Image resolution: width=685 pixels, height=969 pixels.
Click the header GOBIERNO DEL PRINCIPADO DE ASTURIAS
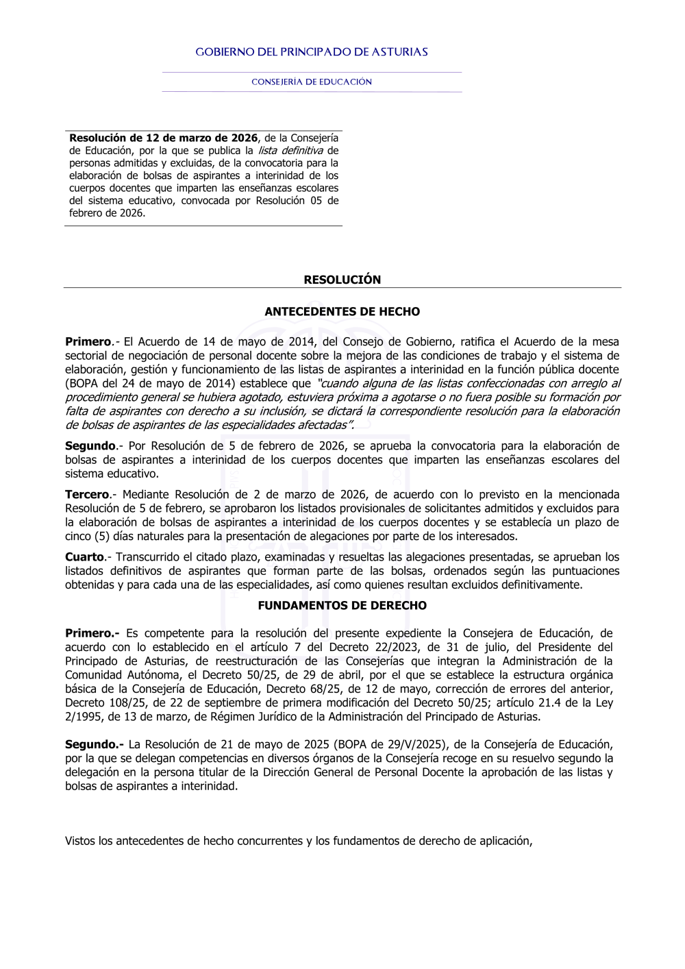click(312, 52)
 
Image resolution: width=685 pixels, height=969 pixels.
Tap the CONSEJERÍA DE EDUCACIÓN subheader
click(312, 82)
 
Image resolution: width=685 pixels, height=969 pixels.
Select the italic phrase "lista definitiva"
click(290, 151)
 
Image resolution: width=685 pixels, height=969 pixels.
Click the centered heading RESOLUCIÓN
click(342, 280)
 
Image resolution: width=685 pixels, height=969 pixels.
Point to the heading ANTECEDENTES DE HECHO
click(342, 312)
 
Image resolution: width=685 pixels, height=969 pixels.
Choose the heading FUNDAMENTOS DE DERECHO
click(342, 606)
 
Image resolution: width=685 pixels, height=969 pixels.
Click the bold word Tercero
click(87, 495)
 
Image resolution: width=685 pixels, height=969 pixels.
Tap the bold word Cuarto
click(84, 557)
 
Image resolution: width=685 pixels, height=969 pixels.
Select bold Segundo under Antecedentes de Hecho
click(90, 446)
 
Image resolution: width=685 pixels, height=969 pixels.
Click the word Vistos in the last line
click(80, 841)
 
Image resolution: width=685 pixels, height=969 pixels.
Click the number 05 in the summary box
click(316, 201)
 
